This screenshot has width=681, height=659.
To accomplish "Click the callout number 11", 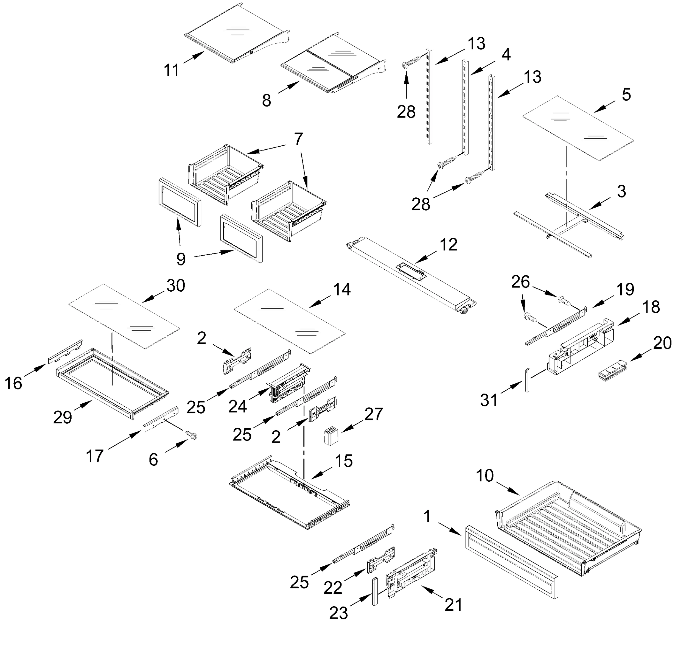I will pos(171,70).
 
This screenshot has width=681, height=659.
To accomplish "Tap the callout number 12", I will pos(449,245).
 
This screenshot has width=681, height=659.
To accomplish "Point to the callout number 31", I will pos(489,400).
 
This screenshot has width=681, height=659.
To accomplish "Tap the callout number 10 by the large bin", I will pos(484,476).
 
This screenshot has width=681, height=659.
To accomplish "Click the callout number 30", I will pos(175,286).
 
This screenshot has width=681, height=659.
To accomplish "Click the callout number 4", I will pos(506,55).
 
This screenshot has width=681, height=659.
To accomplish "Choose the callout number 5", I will pos(626,94).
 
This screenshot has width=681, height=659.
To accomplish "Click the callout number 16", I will pos(13,383).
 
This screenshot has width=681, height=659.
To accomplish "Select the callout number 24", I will pos(237,406).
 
